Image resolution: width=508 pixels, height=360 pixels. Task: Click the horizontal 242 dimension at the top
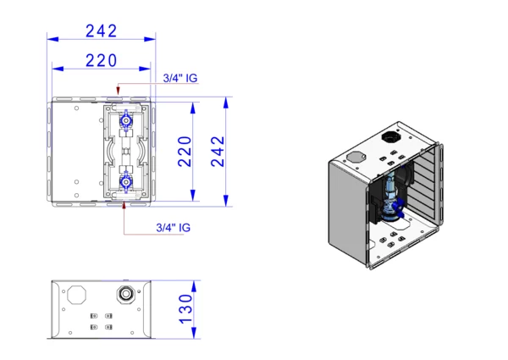click(101, 31)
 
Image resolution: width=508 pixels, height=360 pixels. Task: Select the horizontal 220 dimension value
click(101, 61)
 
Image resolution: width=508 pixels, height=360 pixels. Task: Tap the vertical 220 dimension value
click(185, 152)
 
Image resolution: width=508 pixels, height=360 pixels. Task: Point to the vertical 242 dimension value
click(218, 152)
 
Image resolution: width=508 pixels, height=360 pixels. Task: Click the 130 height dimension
click(186, 309)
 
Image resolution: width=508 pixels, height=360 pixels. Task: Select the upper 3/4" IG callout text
click(180, 78)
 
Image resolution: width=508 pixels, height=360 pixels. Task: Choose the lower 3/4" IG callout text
click(174, 228)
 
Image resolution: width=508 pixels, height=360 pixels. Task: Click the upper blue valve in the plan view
click(126, 120)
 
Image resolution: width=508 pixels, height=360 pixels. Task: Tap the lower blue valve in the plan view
click(125, 183)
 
